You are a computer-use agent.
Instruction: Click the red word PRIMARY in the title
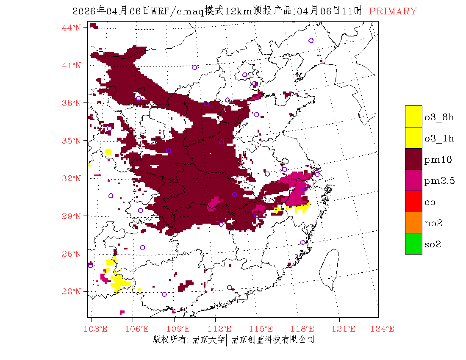393,11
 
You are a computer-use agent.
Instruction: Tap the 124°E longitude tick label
385,329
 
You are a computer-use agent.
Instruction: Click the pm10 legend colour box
413,159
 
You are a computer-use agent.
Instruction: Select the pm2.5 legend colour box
413,180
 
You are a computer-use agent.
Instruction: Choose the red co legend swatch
413,201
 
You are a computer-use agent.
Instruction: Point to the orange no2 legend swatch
413,222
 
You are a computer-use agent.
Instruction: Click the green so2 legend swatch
413,244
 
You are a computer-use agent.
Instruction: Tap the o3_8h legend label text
439,117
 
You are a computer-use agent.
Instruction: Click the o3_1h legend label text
439,138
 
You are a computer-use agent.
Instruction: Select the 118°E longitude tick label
305,329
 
